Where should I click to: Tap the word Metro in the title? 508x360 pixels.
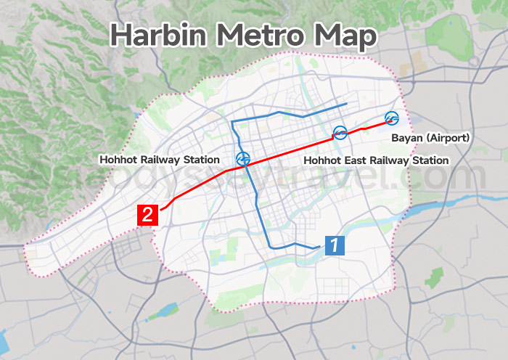(271, 36)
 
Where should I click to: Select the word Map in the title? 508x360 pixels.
(352, 36)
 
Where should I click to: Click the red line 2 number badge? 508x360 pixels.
(147, 215)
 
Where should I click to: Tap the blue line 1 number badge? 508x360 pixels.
(333, 245)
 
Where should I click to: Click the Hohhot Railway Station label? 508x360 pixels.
(159, 160)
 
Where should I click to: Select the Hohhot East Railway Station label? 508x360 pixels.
(376, 160)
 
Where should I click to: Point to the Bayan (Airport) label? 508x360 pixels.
(430, 138)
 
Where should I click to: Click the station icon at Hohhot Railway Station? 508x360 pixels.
(243, 158)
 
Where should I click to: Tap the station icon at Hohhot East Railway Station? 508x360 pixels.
(339, 132)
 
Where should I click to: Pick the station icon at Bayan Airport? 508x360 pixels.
(392, 118)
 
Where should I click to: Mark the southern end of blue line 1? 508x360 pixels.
(319, 247)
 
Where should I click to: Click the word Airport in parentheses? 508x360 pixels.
(450, 138)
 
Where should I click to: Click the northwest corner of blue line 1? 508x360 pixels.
(232, 122)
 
